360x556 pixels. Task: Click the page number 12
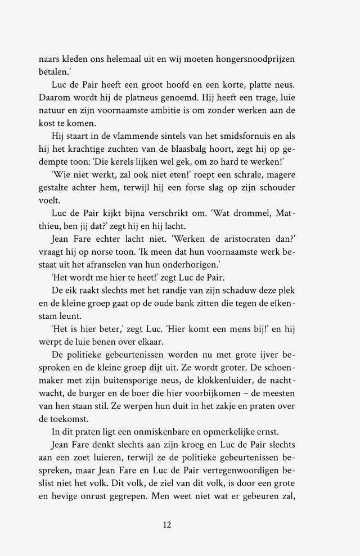click(167, 525)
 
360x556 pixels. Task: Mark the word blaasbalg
click(205, 150)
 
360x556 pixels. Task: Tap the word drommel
click(263, 214)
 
